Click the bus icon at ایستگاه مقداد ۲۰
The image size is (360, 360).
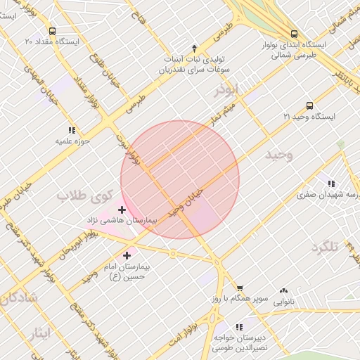pyautogui.click(x=52, y=31)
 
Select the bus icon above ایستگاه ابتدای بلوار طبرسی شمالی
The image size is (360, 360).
pyautogui.click(x=294, y=34)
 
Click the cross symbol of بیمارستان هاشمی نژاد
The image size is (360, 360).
pyautogui.click(x=122, y=210)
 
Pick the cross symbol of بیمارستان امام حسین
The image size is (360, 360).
pyautogui.click(x=127, y=255)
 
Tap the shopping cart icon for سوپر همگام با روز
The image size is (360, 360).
pyautogui.click(x=239, y=288)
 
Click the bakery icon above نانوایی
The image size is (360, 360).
pyautogui.click(x=284, y=291)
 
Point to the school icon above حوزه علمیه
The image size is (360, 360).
pyautogui.click(x=71, y=130)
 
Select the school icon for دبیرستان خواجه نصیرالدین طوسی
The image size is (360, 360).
pyautogui.click(x=239, y=327)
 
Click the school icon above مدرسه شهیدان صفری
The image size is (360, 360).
pyautogui.click(x=330, y=184)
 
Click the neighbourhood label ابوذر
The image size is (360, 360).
pyautogui.click(x=228, y=91)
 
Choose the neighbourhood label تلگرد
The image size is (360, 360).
pyautogui.click(x=325, y=247)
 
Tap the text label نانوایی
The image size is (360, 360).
pyautogui.click(x=284, y=302)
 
